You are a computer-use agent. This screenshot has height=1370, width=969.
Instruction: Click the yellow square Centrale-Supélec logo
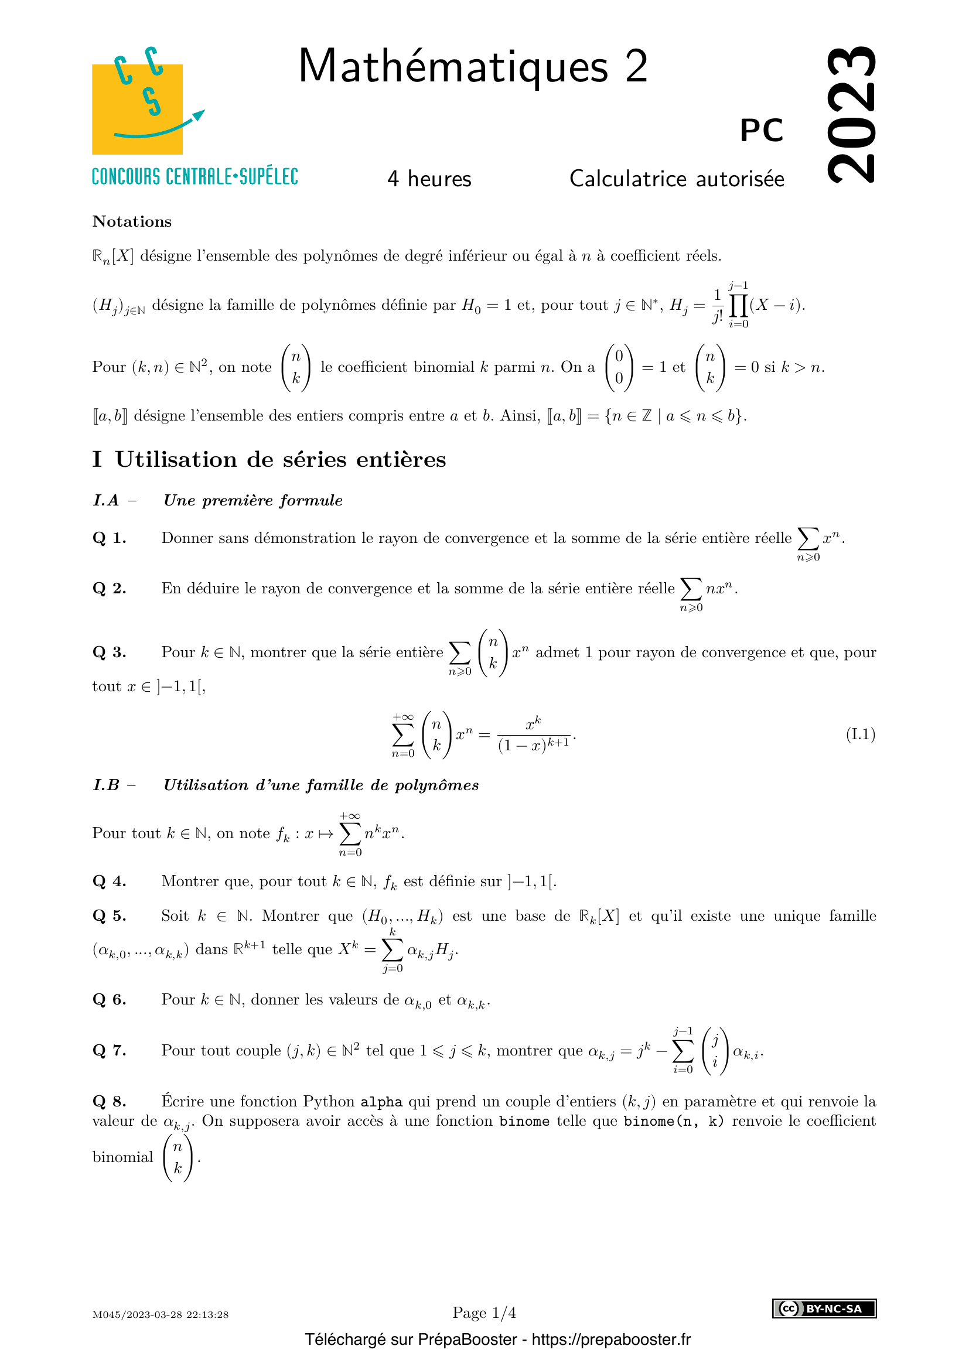137,108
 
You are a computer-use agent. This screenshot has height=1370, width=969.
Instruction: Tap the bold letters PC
762,130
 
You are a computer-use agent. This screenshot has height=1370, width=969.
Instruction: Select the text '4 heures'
429,179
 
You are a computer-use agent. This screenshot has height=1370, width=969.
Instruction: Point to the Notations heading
132,221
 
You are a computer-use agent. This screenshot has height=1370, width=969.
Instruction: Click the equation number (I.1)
860,734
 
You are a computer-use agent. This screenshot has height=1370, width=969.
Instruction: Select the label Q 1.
109,538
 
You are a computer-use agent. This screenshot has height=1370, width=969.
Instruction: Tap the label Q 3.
109,652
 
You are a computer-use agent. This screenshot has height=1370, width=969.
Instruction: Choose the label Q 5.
109,916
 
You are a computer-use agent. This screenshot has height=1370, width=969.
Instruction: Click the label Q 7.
109,1050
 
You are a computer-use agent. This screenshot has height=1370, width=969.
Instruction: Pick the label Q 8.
109,1102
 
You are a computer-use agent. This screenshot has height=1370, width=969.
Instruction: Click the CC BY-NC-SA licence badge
824,1308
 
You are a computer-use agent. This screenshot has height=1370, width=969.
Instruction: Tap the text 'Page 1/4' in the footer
484,1313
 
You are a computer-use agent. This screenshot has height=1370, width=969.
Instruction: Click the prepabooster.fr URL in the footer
611,1340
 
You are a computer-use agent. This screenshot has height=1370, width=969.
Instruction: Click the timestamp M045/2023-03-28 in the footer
160,1314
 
